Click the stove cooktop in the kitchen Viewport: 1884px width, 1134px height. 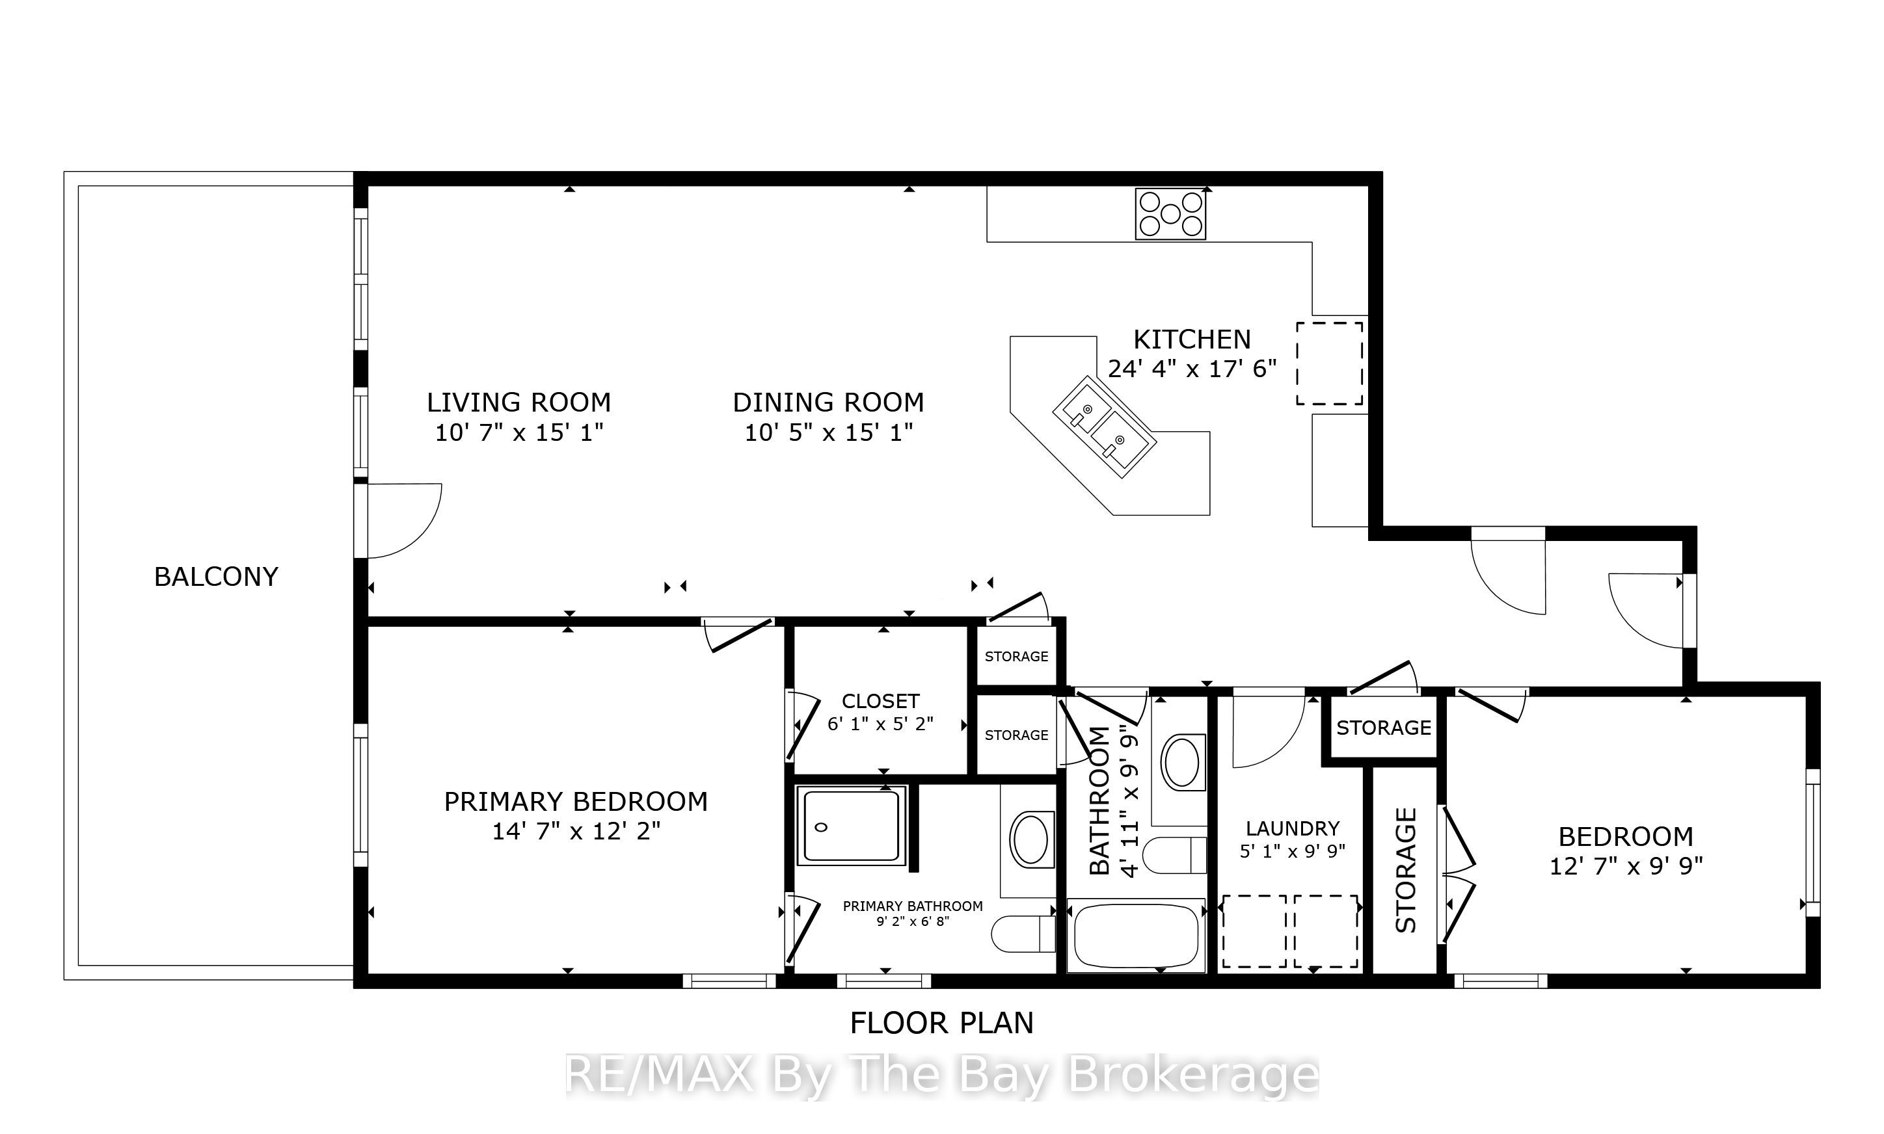click(x=1170, y=214)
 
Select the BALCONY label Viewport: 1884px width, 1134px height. click(x=216, y=577)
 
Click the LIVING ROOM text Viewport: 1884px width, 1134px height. click(x=519, y=402)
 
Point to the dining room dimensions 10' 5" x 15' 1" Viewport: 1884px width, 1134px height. click(x=829, y=433)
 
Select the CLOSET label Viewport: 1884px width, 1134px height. click(x=880, y=701)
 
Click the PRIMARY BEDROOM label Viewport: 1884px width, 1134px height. click(x=576, y=802)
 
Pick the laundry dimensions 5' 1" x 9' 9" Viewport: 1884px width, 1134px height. click(x=1293, y=851)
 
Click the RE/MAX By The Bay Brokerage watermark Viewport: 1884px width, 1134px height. click(x=941, y=1075)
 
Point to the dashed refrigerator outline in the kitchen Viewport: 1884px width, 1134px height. click(x=1330, y=363)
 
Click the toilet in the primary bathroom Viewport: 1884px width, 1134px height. click(x=1023, y=934)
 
